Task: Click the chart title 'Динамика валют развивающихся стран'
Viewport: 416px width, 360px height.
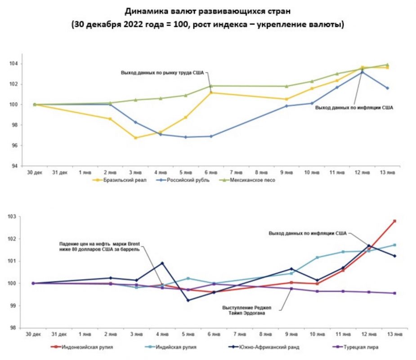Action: click(208, 10)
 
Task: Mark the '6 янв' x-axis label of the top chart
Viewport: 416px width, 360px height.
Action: click(211, 172)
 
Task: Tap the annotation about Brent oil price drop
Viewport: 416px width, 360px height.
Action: click(100, 247)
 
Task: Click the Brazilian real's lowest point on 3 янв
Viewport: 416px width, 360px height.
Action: click(136, 138)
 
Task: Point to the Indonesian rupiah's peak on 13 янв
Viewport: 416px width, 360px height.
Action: click(394, 221)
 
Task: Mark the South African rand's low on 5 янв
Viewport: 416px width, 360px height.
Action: click(188, 300)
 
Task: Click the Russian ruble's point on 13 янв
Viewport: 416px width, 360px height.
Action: click(387, 88)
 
